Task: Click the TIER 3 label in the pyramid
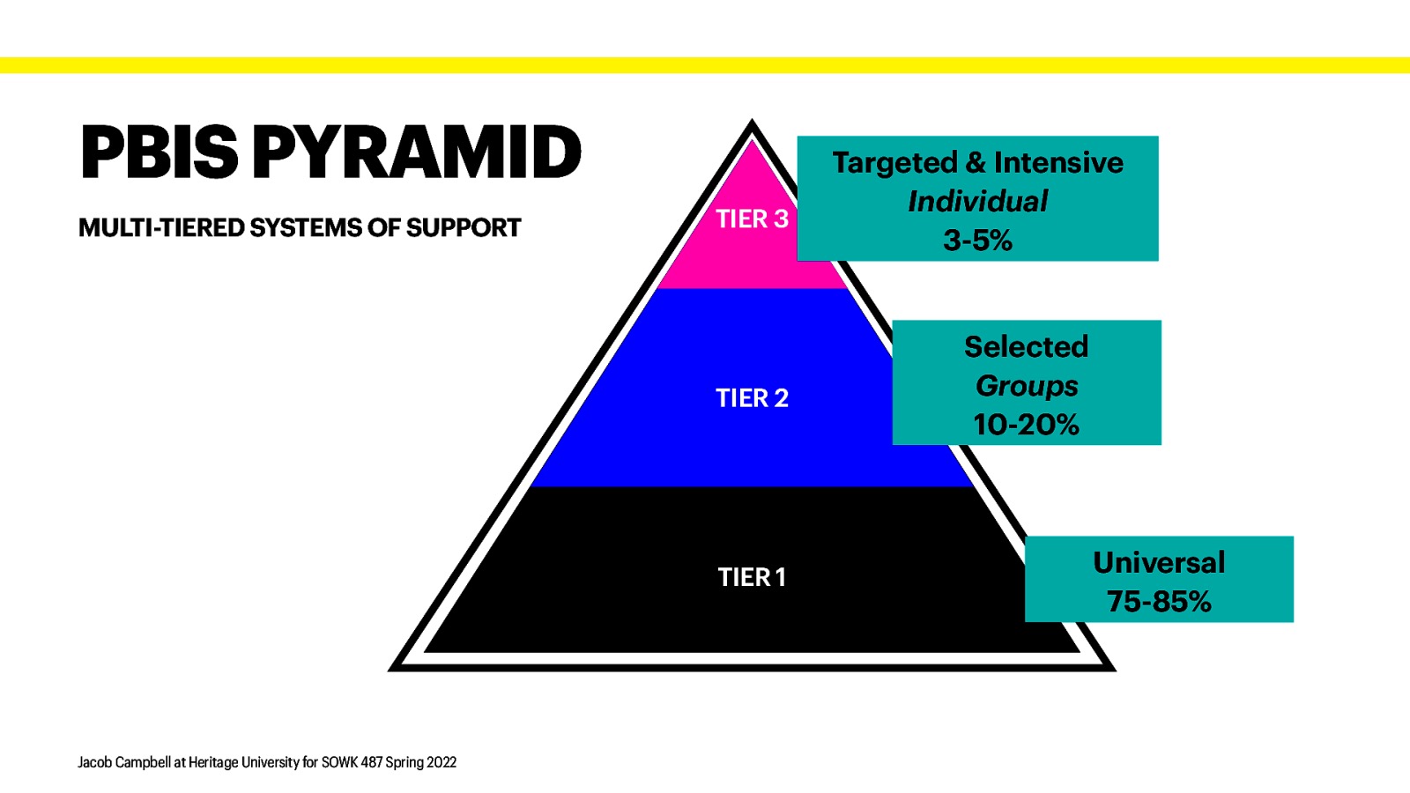(752, 219)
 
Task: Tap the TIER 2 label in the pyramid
(752, 398)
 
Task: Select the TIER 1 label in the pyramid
(752, 577)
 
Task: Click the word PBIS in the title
(159, 152)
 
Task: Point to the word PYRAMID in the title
(417, 152)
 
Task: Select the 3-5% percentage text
(977, 240)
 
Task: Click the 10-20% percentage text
(1026, 425)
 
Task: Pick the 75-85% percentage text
(1159, 601)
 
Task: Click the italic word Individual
(977, 202)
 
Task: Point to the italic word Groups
(1027, 386)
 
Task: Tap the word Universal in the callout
(1159, 562)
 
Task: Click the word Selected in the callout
(1026, 346)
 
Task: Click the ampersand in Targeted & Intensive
(976, 163)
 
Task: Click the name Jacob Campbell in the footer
(123, 762)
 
